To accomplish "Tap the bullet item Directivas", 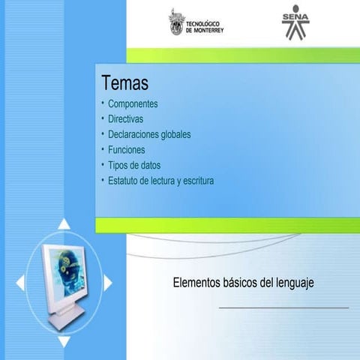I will tap(125, 119).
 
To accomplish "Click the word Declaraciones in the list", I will tap(136, 134).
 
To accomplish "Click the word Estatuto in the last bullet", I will tap(125, 181).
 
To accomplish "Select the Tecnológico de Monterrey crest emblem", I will tap(176, 22).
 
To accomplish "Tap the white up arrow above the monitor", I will tap(64, 223).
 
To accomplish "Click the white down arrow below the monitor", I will tap(64, 341).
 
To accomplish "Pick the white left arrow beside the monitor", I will tap(20, 283).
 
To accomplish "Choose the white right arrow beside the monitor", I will tap(108, 283).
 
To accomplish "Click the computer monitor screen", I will tap(67, 274).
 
